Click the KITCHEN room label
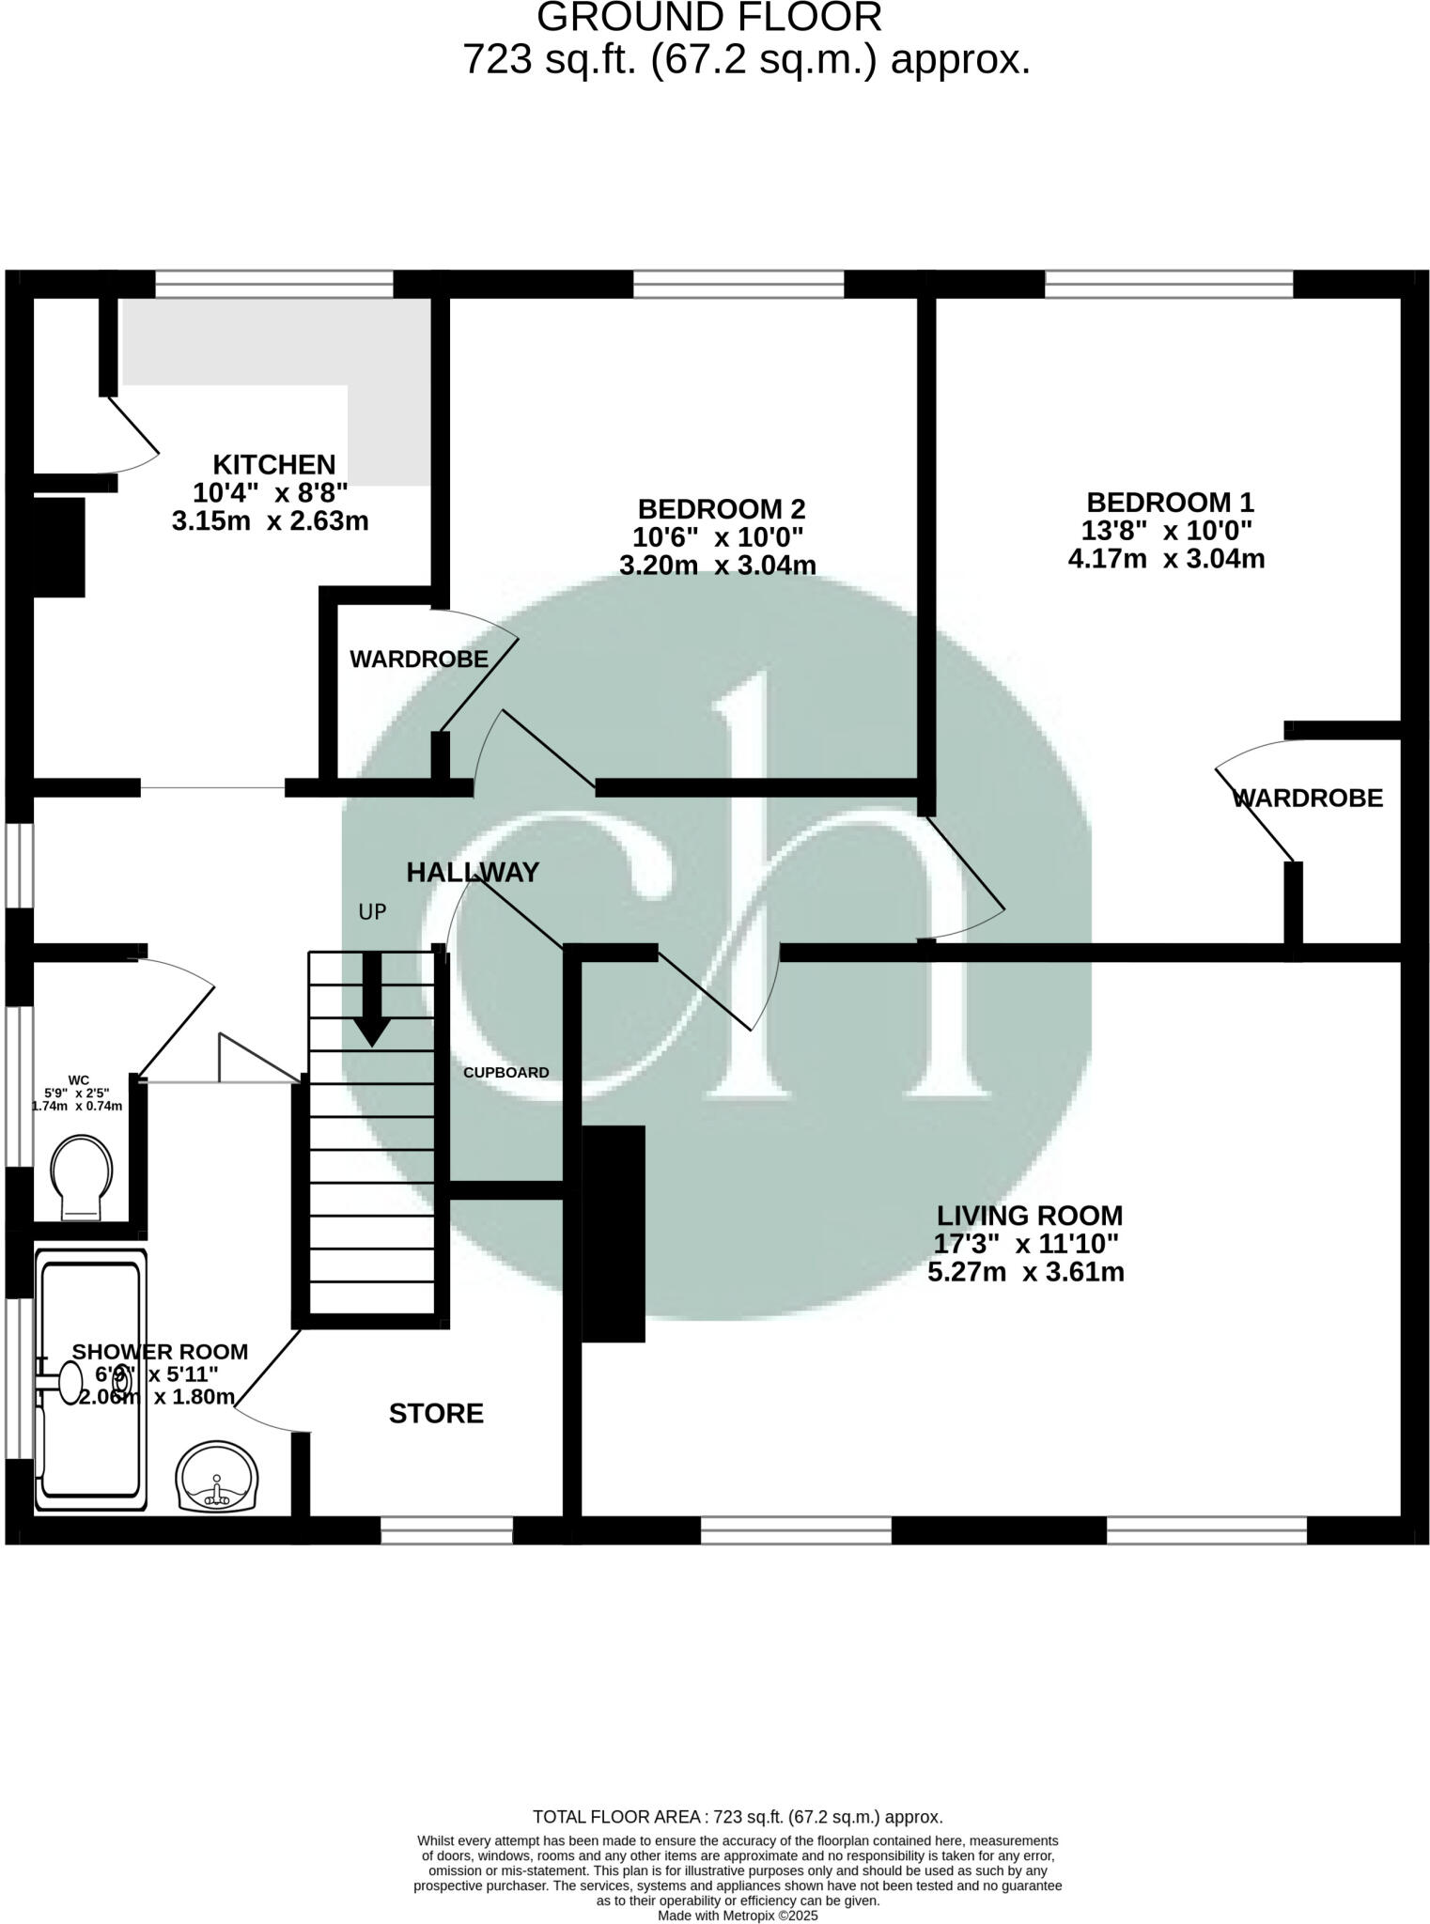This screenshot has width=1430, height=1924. point(273,464)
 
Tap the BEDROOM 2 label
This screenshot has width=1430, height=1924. point(721,509)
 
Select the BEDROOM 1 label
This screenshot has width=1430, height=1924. point(1169,502)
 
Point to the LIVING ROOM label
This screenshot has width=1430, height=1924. point(1028,1216)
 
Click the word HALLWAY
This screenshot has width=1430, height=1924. point(473,873)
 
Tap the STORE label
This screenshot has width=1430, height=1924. point(436,1414)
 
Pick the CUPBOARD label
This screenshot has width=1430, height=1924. point(505,1073)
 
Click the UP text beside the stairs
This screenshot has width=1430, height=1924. point(372,911)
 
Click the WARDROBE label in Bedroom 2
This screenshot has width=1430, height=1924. point(419,659)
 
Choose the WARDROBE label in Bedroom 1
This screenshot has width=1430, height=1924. point(1307,799)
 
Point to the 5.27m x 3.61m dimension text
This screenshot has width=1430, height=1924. point(1025,1273)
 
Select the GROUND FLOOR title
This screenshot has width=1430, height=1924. point(709,19)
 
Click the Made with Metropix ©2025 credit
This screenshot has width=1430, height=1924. point(738,1916)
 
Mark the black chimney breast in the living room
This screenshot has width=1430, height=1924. point(613,1233)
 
